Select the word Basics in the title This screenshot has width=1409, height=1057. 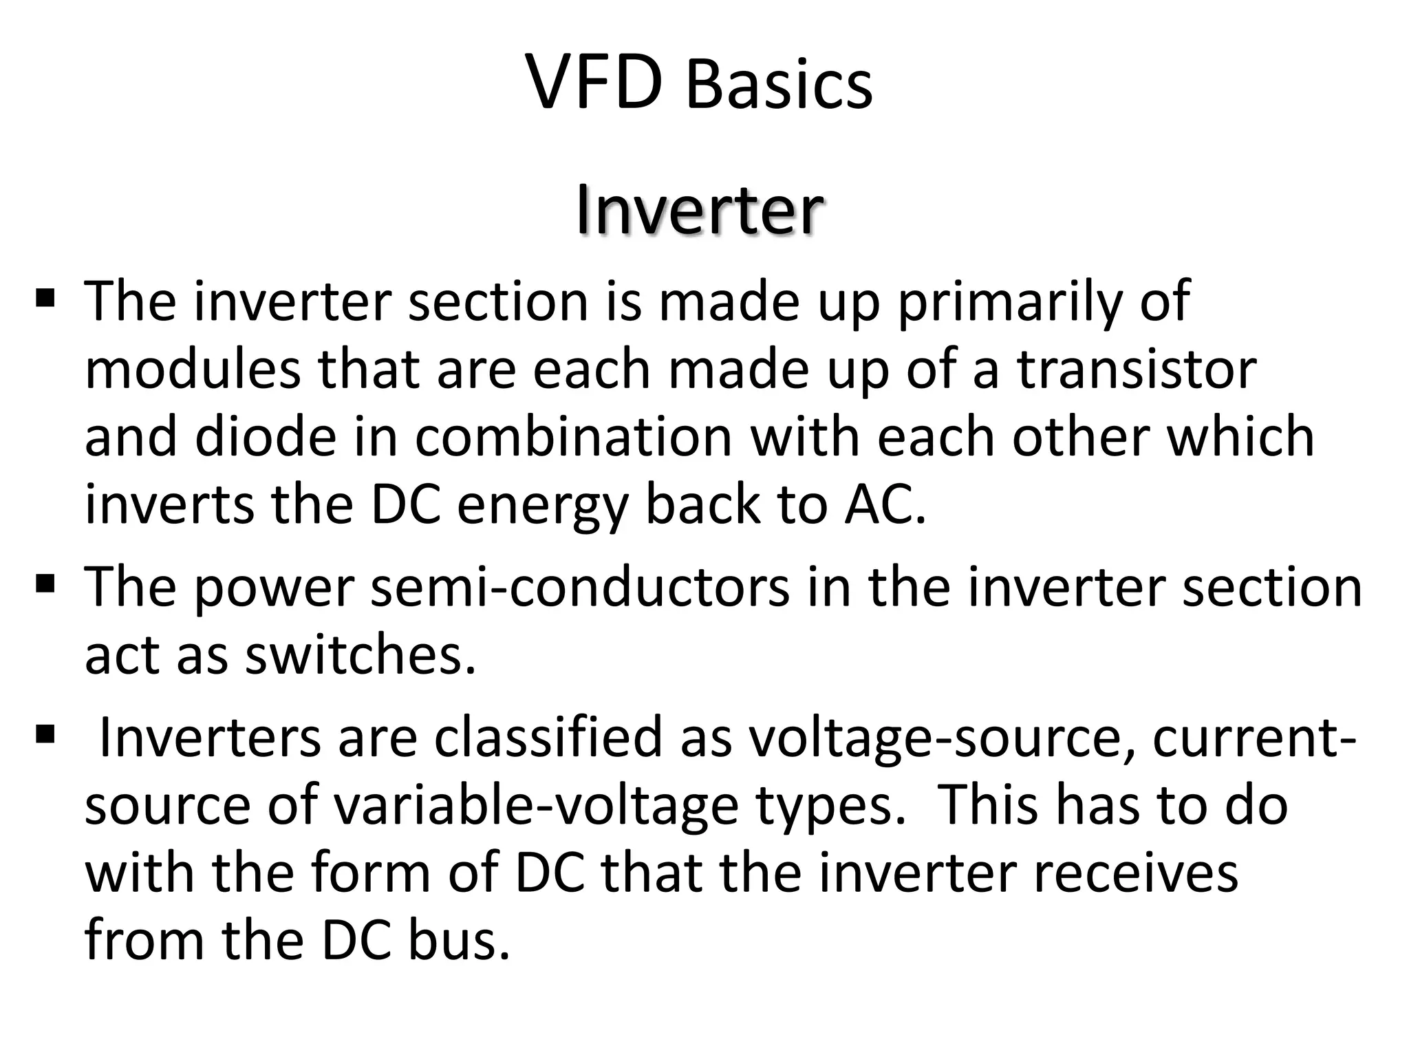(779, 85)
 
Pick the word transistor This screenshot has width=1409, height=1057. (1137, 369)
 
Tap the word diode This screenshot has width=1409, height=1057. (266, 436)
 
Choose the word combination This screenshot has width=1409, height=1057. (573, 436)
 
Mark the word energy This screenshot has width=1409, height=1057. (543, 506)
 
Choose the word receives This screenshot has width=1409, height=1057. (1132, 873)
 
